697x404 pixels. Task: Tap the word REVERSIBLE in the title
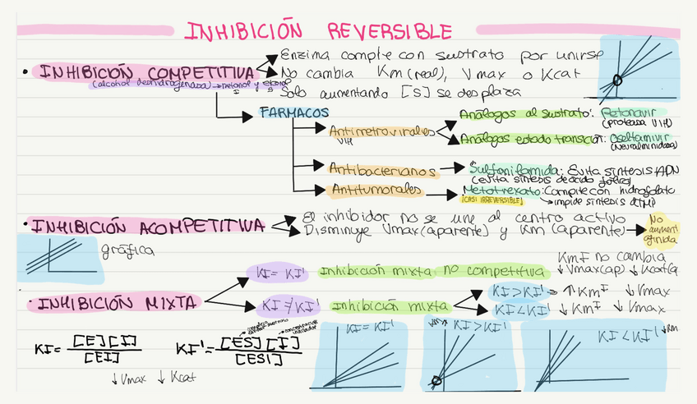tap(390, 31)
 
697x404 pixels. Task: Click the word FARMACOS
tap(293, 112)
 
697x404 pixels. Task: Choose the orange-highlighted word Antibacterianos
tap(383, 169)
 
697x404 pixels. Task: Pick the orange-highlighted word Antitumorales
tap(377, 191)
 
